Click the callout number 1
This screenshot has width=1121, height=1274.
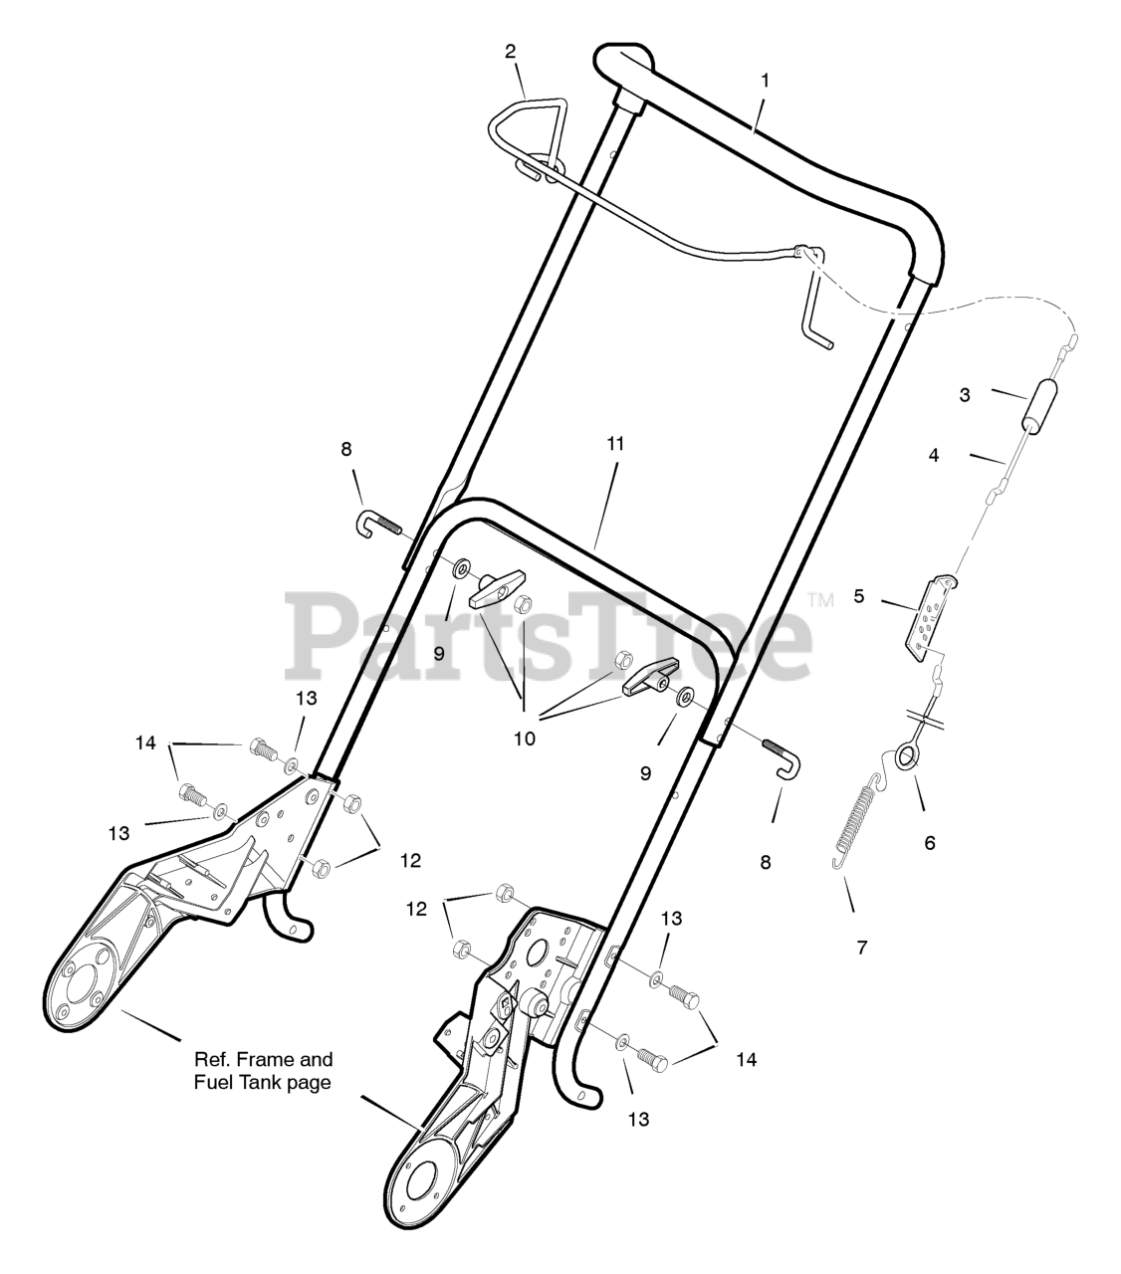765,81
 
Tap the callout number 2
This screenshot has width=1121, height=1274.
511,51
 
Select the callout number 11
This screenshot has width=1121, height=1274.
615,443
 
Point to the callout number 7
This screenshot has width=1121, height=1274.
862,948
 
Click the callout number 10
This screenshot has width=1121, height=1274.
525,739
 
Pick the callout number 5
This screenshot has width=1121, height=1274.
857,597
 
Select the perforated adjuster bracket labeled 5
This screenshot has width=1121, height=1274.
930,617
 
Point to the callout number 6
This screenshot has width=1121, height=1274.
930,842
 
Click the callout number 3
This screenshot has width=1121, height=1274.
965,395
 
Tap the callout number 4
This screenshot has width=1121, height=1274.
933,455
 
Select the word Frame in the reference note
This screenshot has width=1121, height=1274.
263,1060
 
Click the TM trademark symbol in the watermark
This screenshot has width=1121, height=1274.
819,600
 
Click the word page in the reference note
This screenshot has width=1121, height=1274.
303,1083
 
